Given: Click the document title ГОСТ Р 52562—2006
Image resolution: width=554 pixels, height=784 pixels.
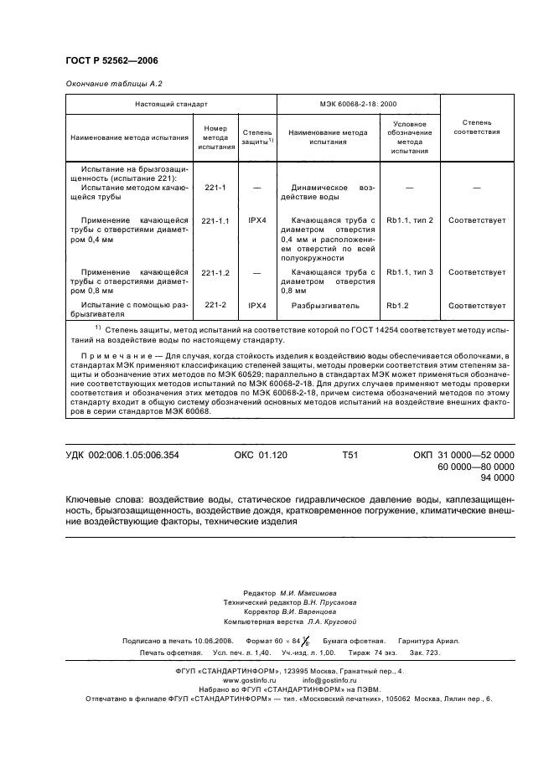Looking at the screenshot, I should (x=111, y=61).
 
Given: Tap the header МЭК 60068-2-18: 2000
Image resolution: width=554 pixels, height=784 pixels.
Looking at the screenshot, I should (x=357, y=104).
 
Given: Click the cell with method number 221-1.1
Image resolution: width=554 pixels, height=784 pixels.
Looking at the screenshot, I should (x=215, y=220).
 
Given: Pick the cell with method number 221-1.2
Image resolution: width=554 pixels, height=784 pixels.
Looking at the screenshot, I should (x=215, y=273).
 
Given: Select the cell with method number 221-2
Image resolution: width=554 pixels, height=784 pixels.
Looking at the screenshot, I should (x=215, y=306).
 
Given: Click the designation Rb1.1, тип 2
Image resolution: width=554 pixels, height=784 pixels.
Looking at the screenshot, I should (x=410, y=220).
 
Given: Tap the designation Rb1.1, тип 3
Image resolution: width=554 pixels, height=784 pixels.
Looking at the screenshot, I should (x=410, y=273).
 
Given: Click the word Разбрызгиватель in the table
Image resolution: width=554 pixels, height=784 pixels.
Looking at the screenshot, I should (x=324, y=306).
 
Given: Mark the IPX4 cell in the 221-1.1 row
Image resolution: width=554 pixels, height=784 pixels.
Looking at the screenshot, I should (x=257, y=220).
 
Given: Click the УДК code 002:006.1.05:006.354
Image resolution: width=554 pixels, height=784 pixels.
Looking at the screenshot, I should (x=122, y=455).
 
